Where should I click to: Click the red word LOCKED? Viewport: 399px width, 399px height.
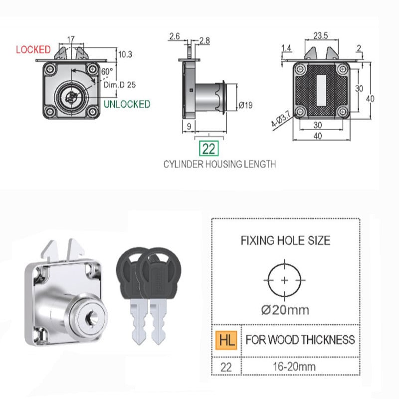[33, 49]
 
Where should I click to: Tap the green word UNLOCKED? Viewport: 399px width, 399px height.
[127, 104]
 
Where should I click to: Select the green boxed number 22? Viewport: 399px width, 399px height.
[208, 148]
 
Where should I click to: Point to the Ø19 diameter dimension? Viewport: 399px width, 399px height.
[245, 105]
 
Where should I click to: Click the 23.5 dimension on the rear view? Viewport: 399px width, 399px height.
[320, 35]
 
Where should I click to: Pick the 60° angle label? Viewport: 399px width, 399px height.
[107, 71]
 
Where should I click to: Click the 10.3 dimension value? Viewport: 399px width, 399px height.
[125, 54]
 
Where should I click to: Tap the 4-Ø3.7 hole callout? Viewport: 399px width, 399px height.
[280, 119]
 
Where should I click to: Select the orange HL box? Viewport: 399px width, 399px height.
[226, 340]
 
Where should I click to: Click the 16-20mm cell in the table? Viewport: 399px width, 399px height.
[294, 367]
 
